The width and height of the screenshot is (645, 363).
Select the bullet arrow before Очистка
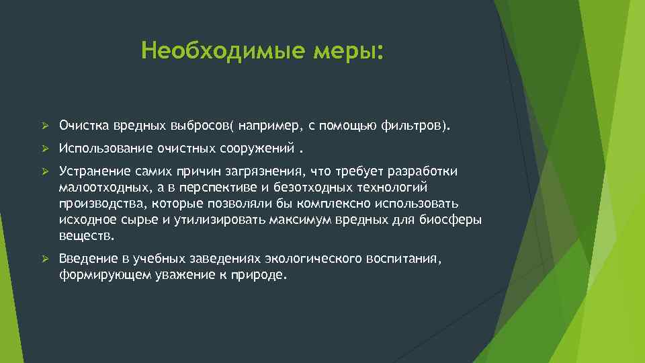coord(45,125)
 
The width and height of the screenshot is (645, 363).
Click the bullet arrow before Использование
coord(45,148)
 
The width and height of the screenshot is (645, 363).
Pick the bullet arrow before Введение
coord(45,259)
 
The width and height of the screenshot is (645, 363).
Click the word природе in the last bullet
coord(257,275)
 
